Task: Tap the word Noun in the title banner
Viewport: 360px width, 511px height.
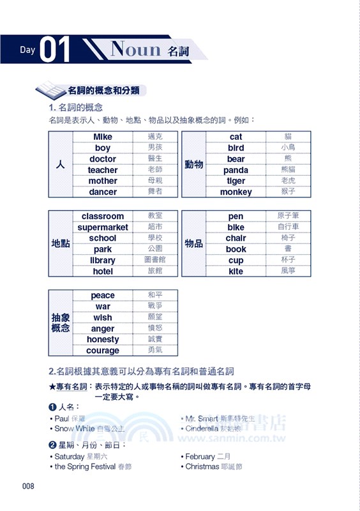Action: click(x=135, y=49)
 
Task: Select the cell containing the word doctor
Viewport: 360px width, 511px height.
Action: click(x=103, y=159)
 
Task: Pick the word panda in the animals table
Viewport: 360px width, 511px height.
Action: click(x=236, y=171)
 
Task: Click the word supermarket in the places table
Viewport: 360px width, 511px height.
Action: click(x=103, y=227)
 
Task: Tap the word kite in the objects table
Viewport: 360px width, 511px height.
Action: click(x=236, y=271)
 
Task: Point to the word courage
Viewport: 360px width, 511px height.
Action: click(x=103, y=351)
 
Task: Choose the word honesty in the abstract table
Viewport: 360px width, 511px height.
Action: click(x=103, y=340)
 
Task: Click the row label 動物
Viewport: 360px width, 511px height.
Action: click(x=194, y=165)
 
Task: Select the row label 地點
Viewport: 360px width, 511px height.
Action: click(x=61, y=244)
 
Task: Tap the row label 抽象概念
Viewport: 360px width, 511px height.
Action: click(x=61, y=323)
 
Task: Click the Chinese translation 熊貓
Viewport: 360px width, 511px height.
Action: click(x=289, y=170)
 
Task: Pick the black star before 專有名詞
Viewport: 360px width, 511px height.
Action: click(x=52, y=387)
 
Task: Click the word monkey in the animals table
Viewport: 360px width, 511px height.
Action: click(x=236, y=192)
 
